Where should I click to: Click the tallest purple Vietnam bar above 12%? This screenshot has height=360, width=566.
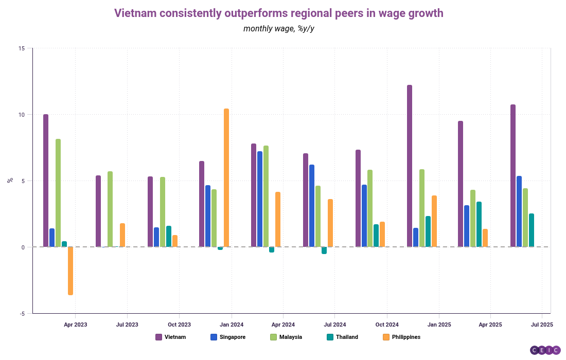(x=410, y=166)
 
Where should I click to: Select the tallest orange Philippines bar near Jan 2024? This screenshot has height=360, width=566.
(x=226, y=177)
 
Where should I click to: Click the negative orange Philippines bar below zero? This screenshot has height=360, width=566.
(x=70, y=271)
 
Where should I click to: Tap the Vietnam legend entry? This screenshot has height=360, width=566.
(x=171, y=337)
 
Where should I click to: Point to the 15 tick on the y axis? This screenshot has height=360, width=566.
(x=21, y=49)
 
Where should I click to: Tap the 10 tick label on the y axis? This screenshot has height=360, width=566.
(x=21, y=115)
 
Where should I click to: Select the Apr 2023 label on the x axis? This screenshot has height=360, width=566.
(x=75, y=325)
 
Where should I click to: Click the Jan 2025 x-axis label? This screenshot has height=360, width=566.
(x=439, y=325)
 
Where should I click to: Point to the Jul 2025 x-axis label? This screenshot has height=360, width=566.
(x=542, y=325)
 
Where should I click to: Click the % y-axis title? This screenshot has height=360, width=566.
(x=10, y=181)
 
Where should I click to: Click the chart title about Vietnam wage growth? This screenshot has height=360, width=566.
(x=278, y=13)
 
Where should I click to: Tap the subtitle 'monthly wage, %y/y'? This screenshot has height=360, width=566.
(x=278, y=28)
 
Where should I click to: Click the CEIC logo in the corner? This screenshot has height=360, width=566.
(x=545, y=350)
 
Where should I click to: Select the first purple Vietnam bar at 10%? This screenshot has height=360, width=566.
(x=46, y=181)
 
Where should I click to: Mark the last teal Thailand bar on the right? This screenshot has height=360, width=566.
(x=532, y=230)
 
